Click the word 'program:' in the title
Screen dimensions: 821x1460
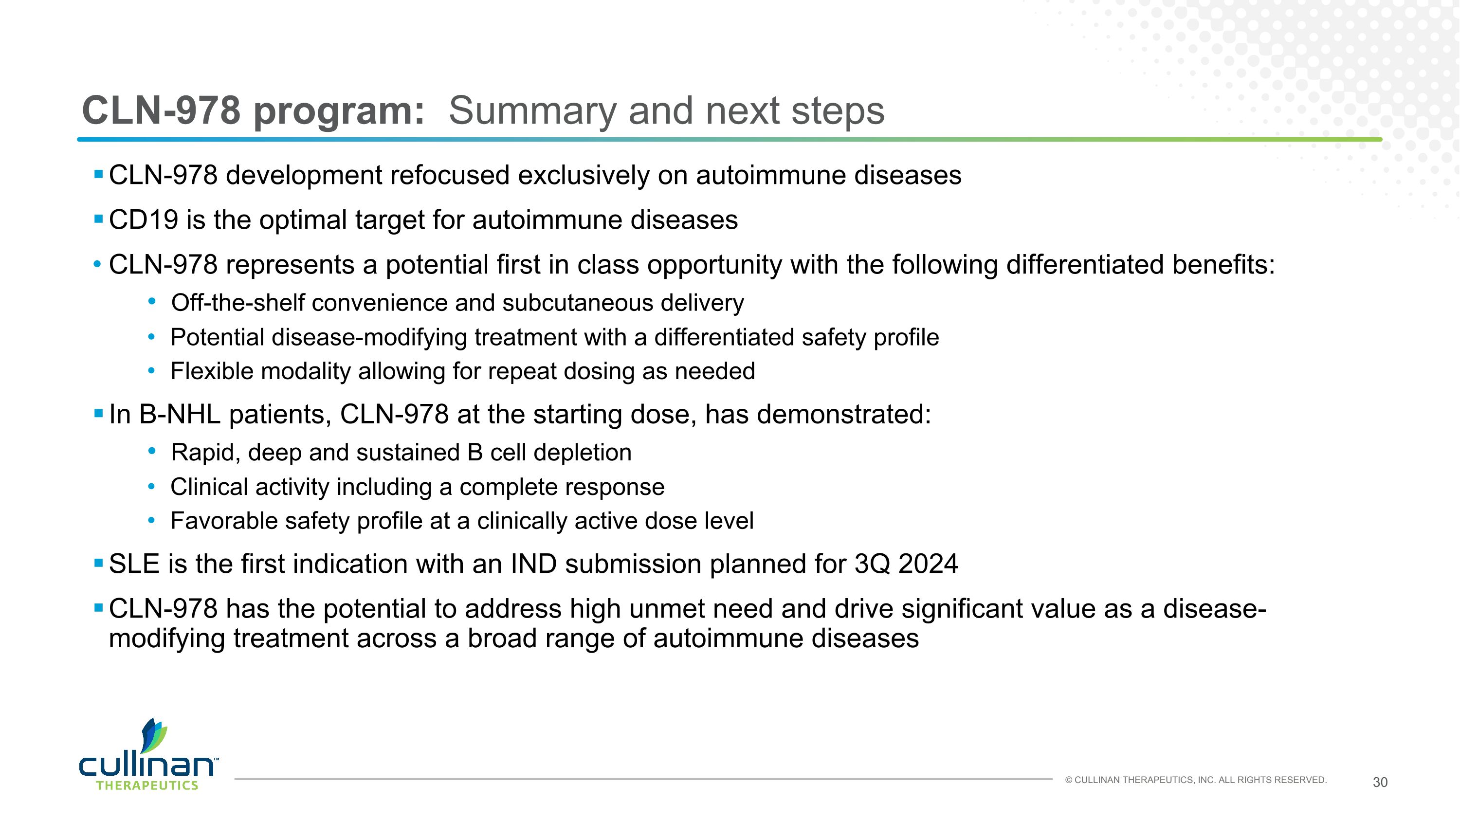pos(338,111)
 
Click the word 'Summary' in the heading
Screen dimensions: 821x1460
pos(531,111)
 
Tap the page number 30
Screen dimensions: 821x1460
pos(1380,783)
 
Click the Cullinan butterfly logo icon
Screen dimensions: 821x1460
pos(154,735)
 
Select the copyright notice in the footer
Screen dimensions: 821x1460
pos(1195,780)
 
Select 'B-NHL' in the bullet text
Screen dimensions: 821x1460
pos(179,415)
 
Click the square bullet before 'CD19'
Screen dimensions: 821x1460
pos(98,219)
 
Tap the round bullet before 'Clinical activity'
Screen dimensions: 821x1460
pos(151,487)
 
